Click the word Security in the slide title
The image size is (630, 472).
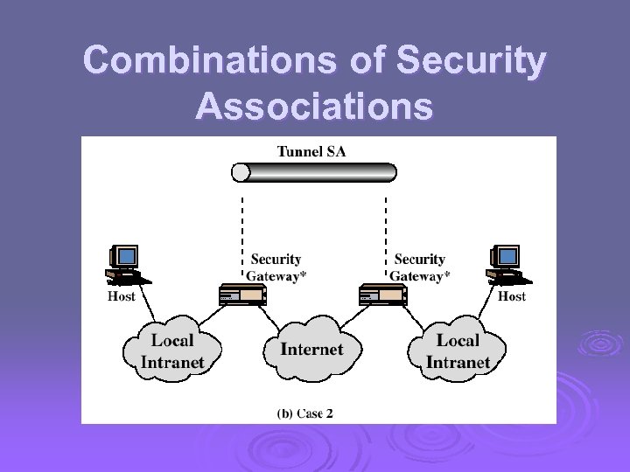472,61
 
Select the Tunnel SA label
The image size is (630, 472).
311,151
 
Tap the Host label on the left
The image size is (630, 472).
122,296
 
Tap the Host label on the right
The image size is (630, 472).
512,296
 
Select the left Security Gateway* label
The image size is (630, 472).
276,267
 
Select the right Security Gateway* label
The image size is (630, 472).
419,267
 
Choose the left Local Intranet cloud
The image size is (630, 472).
172,351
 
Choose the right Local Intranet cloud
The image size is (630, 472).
457,351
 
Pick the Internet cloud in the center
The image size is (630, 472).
311,350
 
